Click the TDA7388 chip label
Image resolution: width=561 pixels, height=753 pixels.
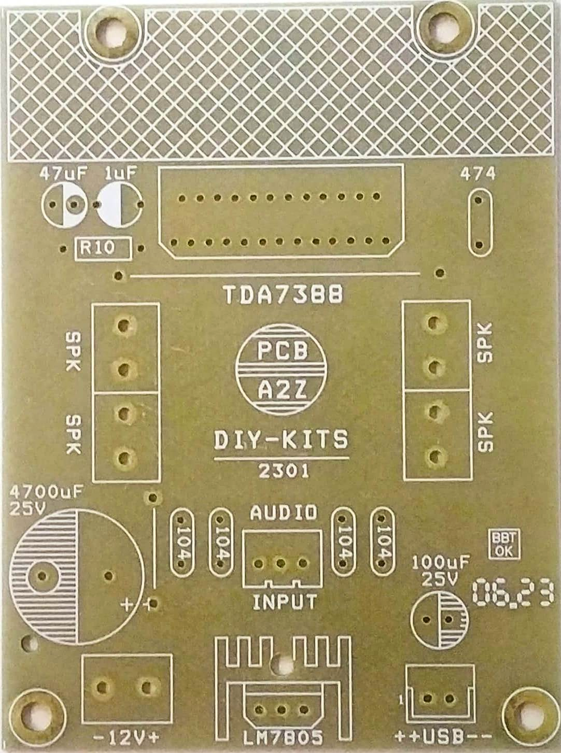(x=284, y=295)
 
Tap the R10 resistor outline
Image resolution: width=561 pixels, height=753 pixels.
(x=103, y=248)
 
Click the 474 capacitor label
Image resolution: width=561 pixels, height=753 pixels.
(x=478, y=174)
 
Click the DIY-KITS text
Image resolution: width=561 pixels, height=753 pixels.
(x=282, y=441)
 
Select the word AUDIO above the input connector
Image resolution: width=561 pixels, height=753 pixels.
(x=283, y=513)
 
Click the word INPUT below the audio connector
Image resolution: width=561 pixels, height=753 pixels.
(x=284, y=602)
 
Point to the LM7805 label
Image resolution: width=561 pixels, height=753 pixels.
(x=283, y=736)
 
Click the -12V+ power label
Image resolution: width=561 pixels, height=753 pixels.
(x=127, y=736)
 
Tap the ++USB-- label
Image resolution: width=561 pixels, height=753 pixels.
(x=440, y=736)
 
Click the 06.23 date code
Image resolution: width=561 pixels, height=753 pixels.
(x=513, y=593)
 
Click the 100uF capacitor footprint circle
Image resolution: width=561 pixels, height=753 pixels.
(x=439, y=619)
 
